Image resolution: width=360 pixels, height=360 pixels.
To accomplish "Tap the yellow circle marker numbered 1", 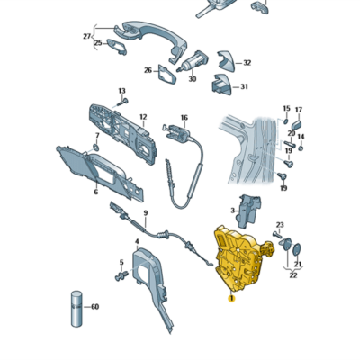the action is (231, 298).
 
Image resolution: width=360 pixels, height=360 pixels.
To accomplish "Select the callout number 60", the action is (94, 307).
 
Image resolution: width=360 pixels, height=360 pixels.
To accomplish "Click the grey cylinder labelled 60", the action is (76, 309).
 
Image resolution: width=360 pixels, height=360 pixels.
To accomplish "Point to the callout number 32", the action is (247, 63).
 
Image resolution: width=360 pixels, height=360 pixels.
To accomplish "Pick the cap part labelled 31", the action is (222, 85).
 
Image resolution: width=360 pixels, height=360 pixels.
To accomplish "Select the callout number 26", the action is (148, 70).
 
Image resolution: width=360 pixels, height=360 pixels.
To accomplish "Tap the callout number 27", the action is (86, 36).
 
